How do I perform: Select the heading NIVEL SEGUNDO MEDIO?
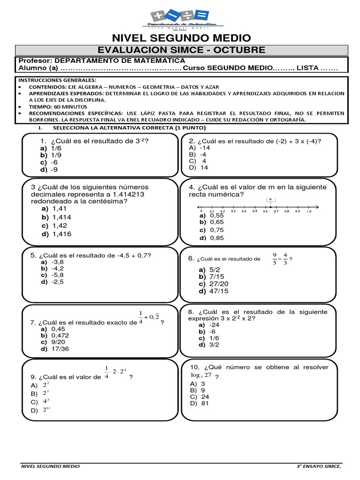tap(181, 38)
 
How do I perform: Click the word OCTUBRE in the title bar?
tap(244, 50)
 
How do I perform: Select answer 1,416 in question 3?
tap(62, 234)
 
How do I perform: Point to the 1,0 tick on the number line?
tap(309, 211)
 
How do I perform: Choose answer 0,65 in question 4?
tap(217, 222)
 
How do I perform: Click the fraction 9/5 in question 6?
tap(275, 259)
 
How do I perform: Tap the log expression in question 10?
tap(202, 375)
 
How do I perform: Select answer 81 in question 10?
tap(204, 404)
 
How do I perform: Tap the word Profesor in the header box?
tap(35, 61)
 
